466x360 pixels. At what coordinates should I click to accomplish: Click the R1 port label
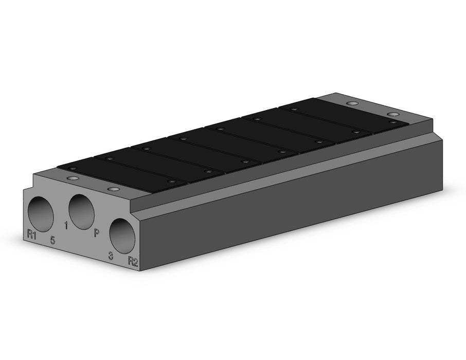[32, 234]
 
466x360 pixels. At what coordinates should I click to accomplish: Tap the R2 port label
[133, 261]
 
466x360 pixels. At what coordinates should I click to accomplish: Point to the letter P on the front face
[96, 233]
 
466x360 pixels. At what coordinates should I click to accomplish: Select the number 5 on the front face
[52, 240]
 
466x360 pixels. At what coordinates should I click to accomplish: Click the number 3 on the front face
[111, 256]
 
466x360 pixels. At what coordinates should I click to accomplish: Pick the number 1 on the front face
[66, 226]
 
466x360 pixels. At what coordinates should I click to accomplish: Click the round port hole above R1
[41, 214]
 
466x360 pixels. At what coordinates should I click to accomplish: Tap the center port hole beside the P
[81, 212]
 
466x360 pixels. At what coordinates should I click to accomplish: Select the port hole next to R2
[122, 237]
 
